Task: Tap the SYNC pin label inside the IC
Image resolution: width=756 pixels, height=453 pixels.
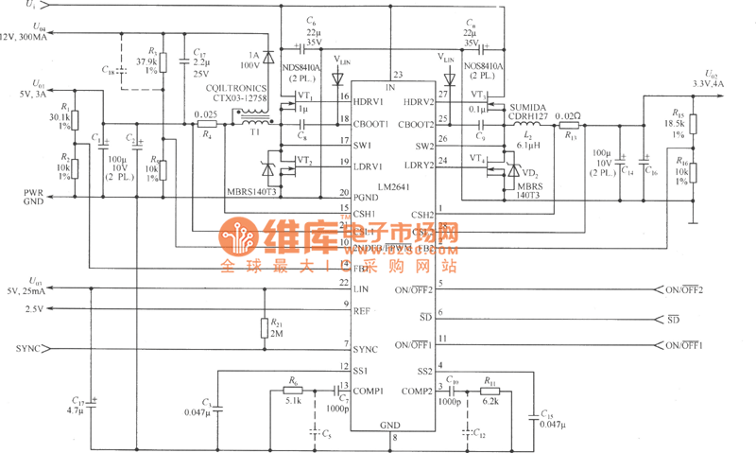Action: [366, 349]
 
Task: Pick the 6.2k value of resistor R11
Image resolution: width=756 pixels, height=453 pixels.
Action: [491, 401]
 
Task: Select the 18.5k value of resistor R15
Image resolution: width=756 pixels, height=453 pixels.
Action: [674, 124]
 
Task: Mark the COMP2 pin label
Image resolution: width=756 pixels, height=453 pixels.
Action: [417, 391]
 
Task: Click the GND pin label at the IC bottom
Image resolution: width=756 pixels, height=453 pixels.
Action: [389, 425]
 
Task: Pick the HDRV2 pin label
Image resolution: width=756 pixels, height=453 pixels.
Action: [418, 101]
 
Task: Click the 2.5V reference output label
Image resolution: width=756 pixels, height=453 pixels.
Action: [34, 308]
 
